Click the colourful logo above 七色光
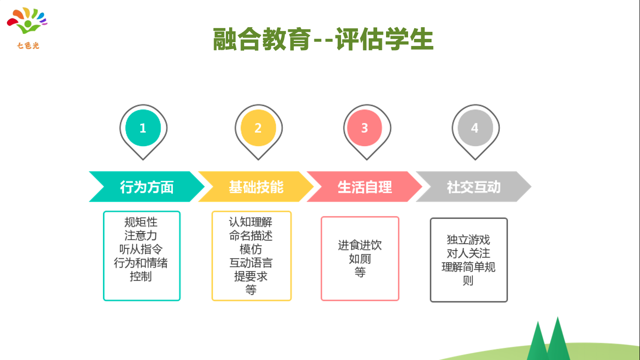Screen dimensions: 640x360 click(28, 21)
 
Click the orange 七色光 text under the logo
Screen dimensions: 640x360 click(28, 45)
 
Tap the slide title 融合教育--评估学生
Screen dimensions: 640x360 click(323, 39)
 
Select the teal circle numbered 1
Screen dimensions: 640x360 click(143, 128)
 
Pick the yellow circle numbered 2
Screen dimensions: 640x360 click(258, 128)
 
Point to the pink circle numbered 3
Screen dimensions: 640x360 click(365, 128)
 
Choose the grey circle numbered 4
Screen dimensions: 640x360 click(475, 128)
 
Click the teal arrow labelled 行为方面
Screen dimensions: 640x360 click(147, 187)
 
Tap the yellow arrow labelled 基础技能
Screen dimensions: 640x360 click(256, 187)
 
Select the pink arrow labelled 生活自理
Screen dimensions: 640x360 click(365, 187)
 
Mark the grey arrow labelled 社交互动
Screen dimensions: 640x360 click(473, 187)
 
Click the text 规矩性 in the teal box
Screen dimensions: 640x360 click(141, 222)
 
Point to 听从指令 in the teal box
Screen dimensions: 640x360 click(141, 249)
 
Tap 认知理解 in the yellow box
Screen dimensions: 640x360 click(251, 222)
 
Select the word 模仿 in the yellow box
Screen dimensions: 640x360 click(251, 249)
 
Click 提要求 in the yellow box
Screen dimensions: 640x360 click(251, 276)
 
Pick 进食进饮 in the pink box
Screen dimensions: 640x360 click(360, 245)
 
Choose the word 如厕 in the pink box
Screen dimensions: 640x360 click(360, 259)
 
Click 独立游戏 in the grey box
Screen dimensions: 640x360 click(468, 240)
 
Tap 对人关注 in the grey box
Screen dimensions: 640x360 click(468, 253)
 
